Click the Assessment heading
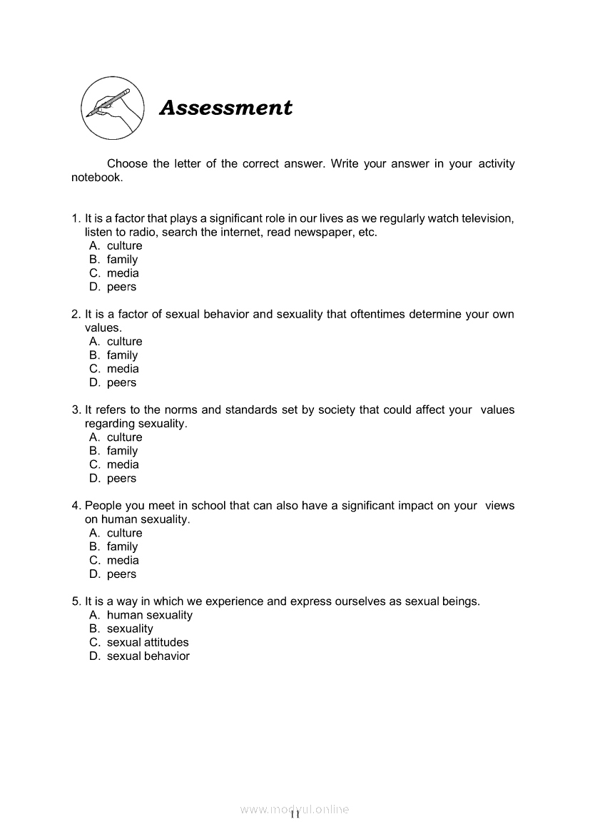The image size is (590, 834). tap(225, 108)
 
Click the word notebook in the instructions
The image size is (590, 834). tap(96, 178)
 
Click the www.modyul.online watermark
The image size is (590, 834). tap(295, 810)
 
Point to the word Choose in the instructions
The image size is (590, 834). tap(127, 164)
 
